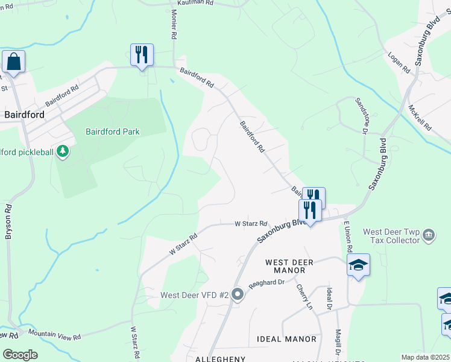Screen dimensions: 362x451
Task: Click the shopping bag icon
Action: click(x=13, y=62)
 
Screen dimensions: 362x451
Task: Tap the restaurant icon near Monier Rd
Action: click(x=142, y=55)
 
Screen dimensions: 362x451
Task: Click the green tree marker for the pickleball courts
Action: click(x=62, y=153)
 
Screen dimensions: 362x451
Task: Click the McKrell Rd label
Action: click(x=420, y=118)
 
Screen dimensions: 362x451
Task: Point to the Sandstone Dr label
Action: click(x=361, y=115)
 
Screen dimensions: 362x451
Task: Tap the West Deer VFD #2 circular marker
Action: click(x=238, y=295)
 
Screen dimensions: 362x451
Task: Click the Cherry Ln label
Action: click(x=304, y=297)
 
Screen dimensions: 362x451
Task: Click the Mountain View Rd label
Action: click(x=54, y=333)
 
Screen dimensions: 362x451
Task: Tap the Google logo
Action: click(x=20, y=355)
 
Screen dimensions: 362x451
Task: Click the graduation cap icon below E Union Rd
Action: click(x=358, y=265)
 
